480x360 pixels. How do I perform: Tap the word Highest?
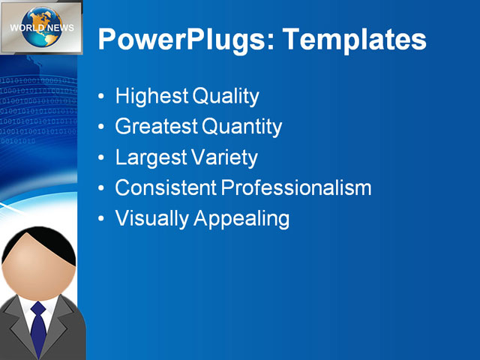tap(151, 97)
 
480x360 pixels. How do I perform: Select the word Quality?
tap(226, 97)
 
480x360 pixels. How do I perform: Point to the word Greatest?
tap(155, 127)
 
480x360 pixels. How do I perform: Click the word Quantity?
tap(241, 127)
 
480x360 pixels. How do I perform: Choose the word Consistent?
tap(164, 187)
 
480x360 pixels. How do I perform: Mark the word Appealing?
tap(241, 218)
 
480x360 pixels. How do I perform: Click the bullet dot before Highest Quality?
tap(102, 97)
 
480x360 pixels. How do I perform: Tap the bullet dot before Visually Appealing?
tap(102, 219)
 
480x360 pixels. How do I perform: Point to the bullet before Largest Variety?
tap(102, 158)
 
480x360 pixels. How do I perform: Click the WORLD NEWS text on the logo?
tap(42, 28)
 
